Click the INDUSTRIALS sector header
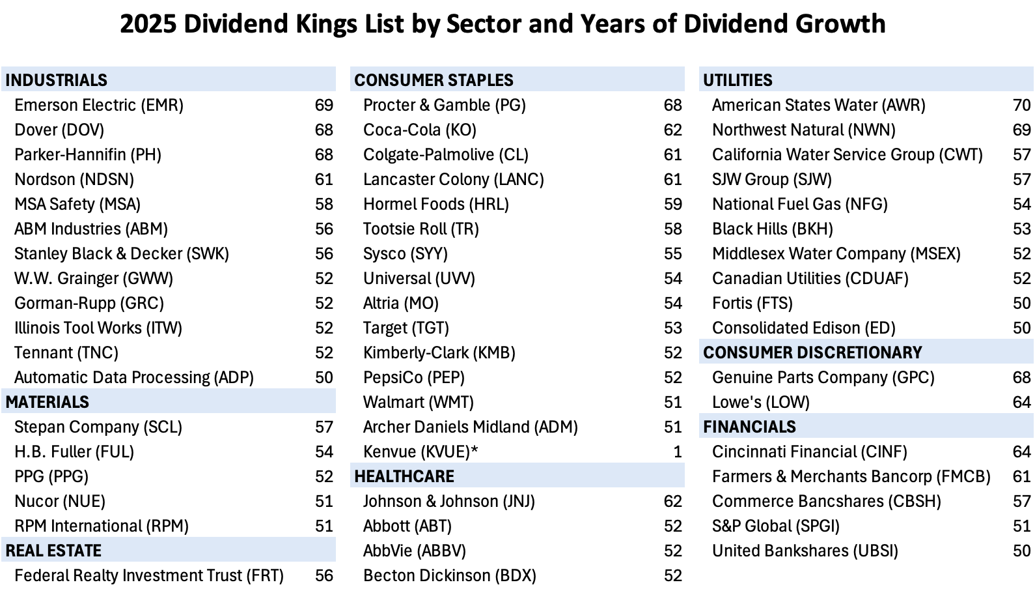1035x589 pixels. click(x=57, y=80)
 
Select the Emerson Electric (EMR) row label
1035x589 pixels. click(x=99, y=105)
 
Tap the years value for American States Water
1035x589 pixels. click(x=1021, y=105)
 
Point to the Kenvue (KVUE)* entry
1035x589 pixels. click(x=421, y=452)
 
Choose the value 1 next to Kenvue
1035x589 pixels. click(x=677, y=452)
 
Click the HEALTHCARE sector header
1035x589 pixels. click(x=404, y=476)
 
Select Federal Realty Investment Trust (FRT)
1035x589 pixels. click(x=149, y=575)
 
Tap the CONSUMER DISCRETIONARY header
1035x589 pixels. click(x=812, y=352)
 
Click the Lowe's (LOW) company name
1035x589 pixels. click(x=760, y=402)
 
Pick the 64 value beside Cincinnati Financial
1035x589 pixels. click(x=1021, y=452)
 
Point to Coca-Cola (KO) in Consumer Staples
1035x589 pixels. click(x=420, y=130)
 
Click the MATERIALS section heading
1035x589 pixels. click(x=48, y=402)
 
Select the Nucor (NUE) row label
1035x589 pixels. click(x=60, y=501)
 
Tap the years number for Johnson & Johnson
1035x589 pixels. click(x=672, y=501)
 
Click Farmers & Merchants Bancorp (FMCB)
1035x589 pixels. click(x=851, y=476)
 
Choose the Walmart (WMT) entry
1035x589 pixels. click(x=419, y=402)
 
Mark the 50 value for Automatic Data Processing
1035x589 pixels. click(x=324, y=377)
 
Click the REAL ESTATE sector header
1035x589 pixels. click(x=53, y=551)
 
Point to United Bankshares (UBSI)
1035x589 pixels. click(x=805, y=551)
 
